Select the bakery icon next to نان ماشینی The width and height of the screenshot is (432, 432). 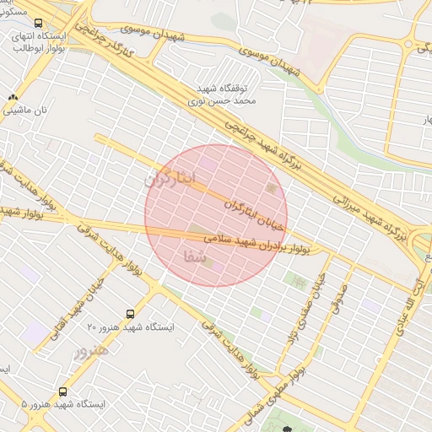coord(12,97)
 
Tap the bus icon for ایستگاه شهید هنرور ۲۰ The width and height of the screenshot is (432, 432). coord(129,313)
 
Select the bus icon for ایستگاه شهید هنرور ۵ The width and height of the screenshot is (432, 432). coord(63,391)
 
